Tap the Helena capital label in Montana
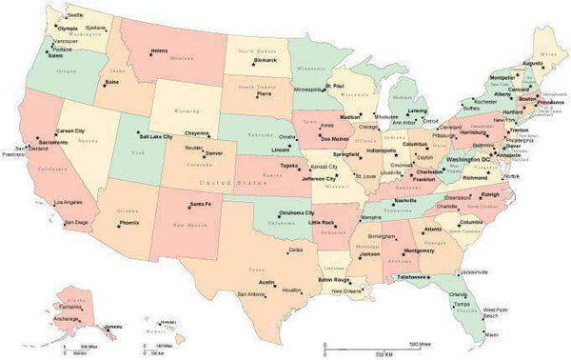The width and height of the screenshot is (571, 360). click(x=159, y=50)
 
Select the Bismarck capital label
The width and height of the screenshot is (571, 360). click(x=265, y=60)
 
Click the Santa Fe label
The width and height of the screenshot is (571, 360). click(x=200, y=205)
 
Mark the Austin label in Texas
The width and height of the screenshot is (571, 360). click(x=266, y=282)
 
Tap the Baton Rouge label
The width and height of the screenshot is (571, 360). click(x=335, y=280)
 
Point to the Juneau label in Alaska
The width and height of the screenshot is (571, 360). click(x=114, y=327)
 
